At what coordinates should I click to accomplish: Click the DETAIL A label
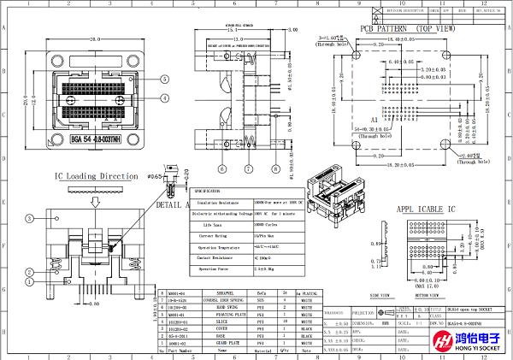point(171,205)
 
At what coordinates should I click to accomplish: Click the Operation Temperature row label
point(221,245)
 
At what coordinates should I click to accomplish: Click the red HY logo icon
point(443,340)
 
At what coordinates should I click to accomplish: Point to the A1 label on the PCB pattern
point(374,121)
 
